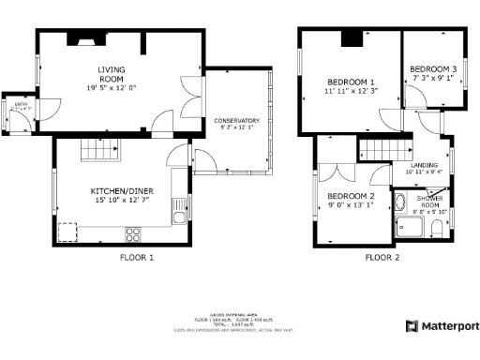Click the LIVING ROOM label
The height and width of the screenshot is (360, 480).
[x=112, y=75]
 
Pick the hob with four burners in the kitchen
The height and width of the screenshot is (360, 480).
[x=133, y=232]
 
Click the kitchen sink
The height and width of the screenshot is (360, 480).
[x=67, y=232]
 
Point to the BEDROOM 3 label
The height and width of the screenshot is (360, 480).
[x=433, y=69]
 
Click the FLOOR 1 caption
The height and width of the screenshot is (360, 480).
[x=137, y=257]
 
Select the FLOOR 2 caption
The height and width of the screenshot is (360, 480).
[x=382, y=257]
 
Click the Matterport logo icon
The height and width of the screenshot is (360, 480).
[x=411, y=325]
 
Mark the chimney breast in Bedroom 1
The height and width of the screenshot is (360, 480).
[x=350, y=37]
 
